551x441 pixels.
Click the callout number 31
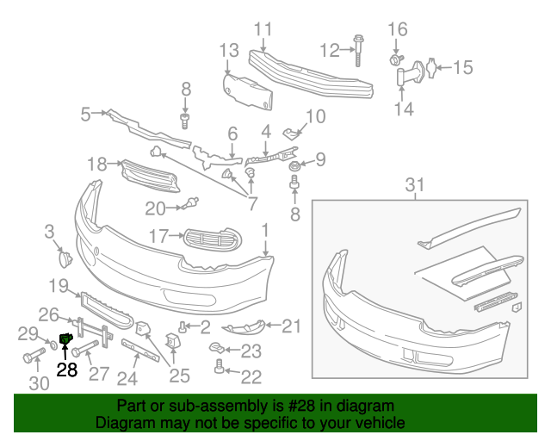pyautogui.click(x=416, y=184)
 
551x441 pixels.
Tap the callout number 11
pyautogui.click(x=263, y=30)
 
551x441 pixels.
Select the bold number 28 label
pyautogui.click(x=67, y=370)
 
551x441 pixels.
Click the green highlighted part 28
pyautogui.click(x=65, y=338)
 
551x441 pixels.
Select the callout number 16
pyautogui.click(x=397, y=30)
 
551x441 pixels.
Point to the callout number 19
pyautogui.click(x=59, y=286)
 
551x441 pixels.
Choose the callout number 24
pyautogui.click(x=127, y=377)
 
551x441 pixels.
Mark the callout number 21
pyautogui.click(x=292, y=326)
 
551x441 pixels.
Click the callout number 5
pyautogui.click(x=86, y=114)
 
